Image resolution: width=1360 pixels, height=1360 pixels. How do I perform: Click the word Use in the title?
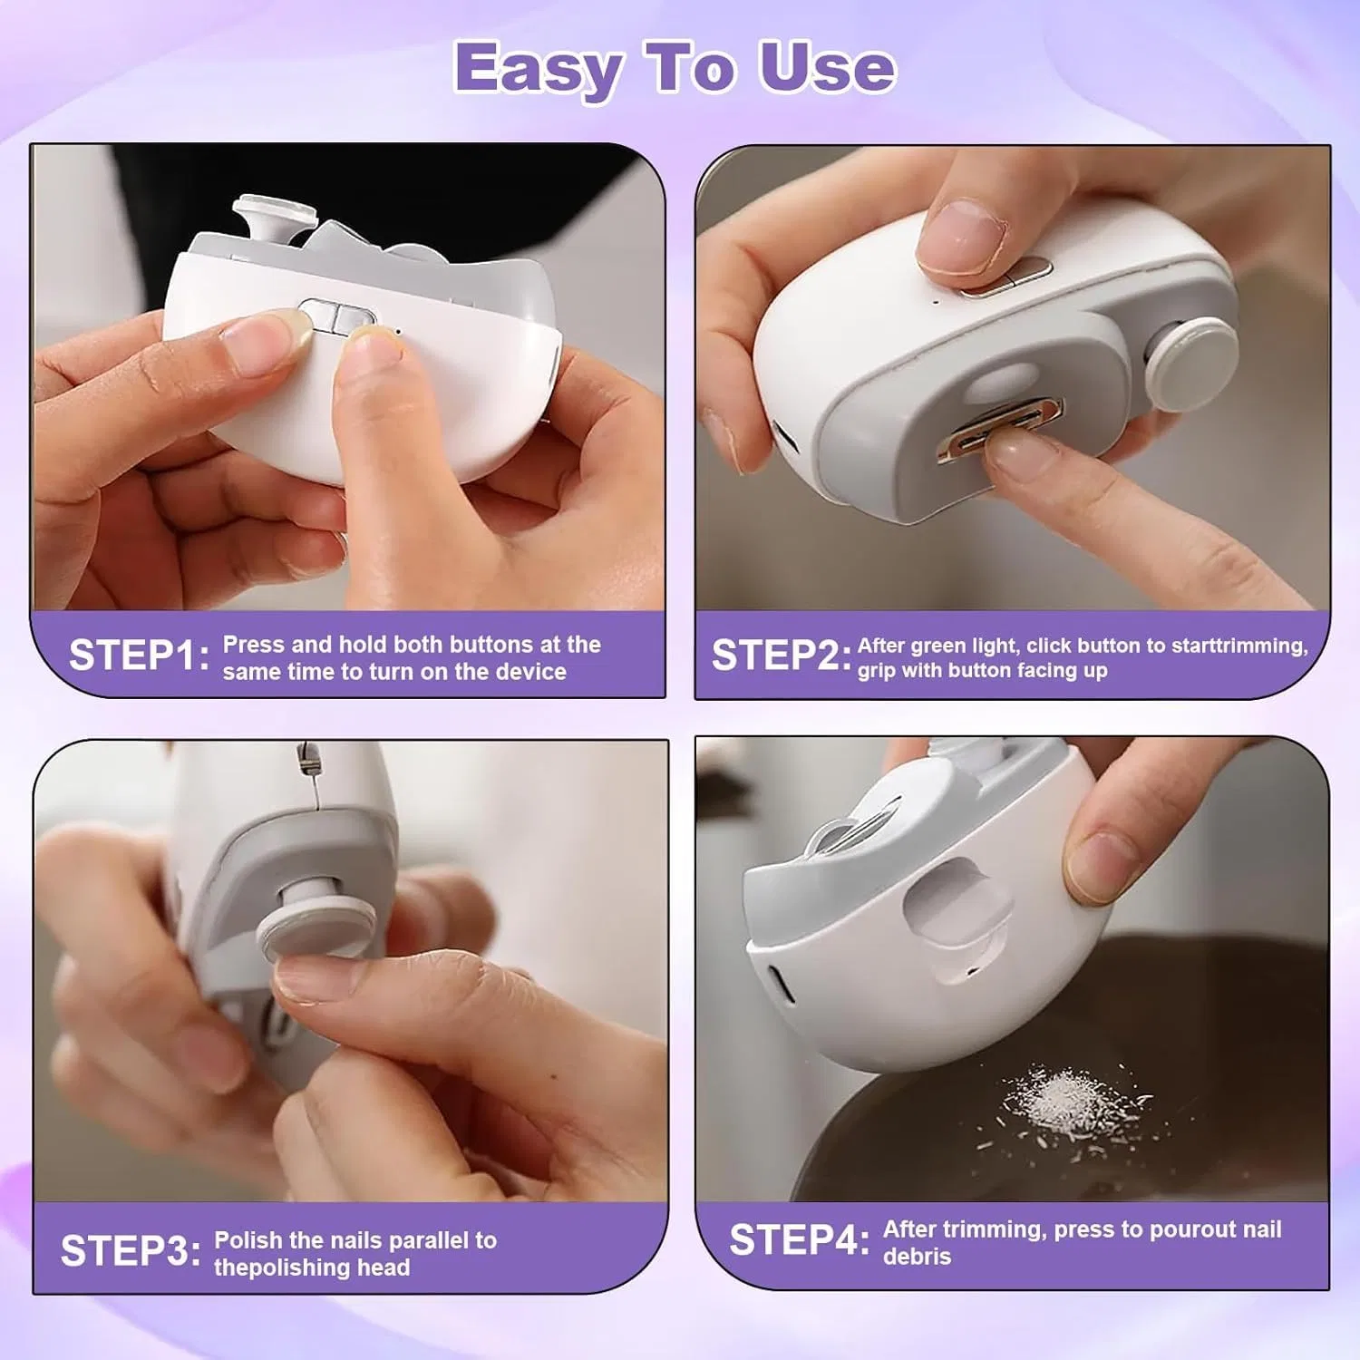coord(827,67)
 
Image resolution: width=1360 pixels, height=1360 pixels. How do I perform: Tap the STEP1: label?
coord(139,656)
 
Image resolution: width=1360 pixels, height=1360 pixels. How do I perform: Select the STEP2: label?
coord(782,656)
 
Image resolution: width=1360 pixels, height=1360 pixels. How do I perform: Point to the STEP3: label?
coord(131,1251)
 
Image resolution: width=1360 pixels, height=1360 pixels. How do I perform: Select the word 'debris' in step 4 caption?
coord(917,1257)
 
